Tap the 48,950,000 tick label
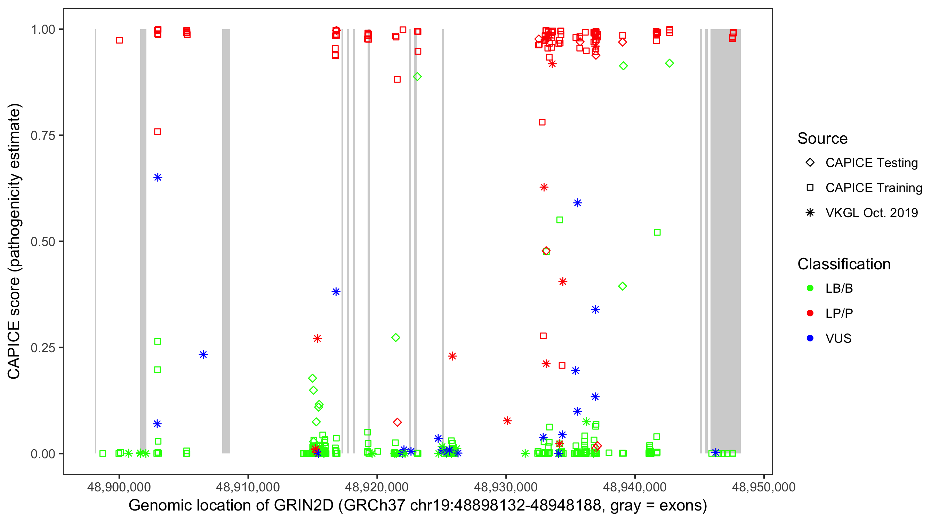pos(763,487)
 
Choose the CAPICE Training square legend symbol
pos(810,188)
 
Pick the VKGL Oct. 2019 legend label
pos(871,213)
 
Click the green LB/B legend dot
pos(810,288)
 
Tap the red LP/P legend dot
pos(810,313)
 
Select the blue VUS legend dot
pos(810,338)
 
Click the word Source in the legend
pos(822,139)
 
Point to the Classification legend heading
pos(843,264)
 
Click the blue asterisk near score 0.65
pos(158,177)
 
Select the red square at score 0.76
pos(158,132)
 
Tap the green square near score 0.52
pos(657,232)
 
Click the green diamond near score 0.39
pos(622,286)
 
